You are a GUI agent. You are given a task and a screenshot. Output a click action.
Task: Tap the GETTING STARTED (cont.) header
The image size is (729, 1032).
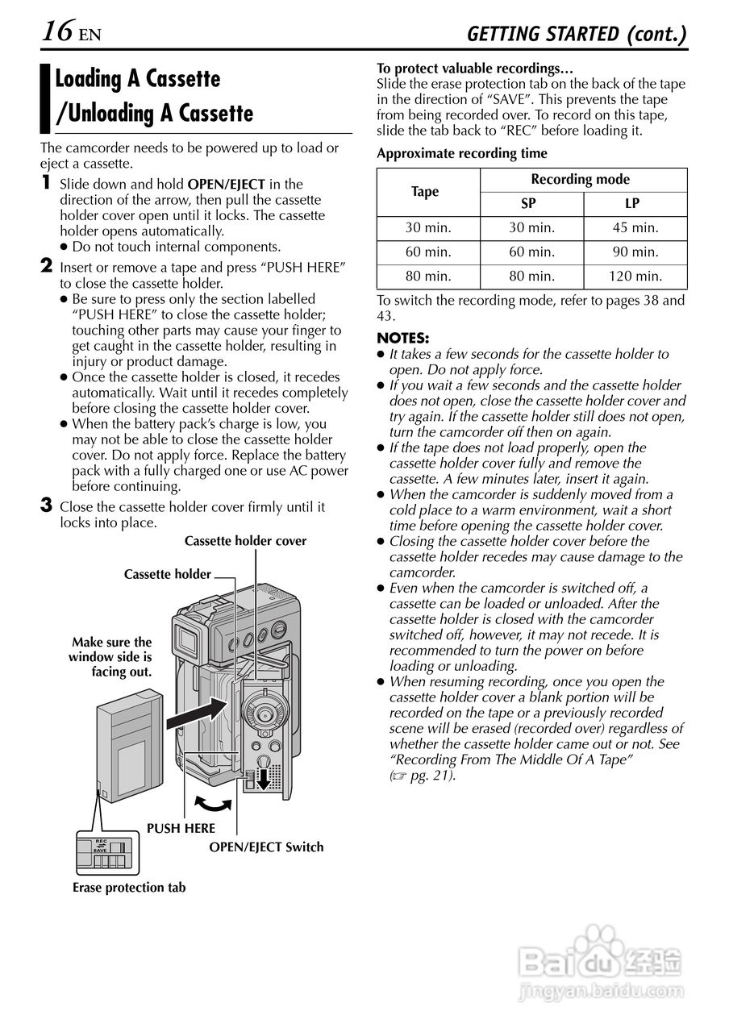click(577, 34)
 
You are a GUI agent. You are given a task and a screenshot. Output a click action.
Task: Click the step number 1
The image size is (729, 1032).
click(48, 183)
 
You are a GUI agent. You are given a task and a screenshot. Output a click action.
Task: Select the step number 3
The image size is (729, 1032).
click(47, 506)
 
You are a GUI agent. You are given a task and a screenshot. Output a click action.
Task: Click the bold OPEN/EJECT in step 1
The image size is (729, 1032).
click(227, 184)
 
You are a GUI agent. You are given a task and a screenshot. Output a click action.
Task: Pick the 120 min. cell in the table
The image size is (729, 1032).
click(635, 277)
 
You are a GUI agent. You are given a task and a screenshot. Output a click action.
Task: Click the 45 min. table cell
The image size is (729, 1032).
click(635, 228)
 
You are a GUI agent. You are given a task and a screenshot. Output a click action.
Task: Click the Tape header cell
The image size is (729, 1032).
click(425, 192)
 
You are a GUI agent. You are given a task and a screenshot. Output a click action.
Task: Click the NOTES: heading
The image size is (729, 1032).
click(403, 338)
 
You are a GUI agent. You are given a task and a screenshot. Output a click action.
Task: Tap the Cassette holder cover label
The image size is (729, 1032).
click(245, 541)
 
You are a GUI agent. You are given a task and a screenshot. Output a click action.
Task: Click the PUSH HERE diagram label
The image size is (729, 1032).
click(181, 828)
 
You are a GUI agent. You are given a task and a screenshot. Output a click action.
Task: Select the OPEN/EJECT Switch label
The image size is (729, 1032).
click(266, 847)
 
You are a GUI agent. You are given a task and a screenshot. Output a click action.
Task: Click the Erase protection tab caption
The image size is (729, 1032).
click(129, 888)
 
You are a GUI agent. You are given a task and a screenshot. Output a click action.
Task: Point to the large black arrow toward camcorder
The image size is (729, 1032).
click(194, 711)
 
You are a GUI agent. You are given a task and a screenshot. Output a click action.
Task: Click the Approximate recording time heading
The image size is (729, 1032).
click(462, 153)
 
